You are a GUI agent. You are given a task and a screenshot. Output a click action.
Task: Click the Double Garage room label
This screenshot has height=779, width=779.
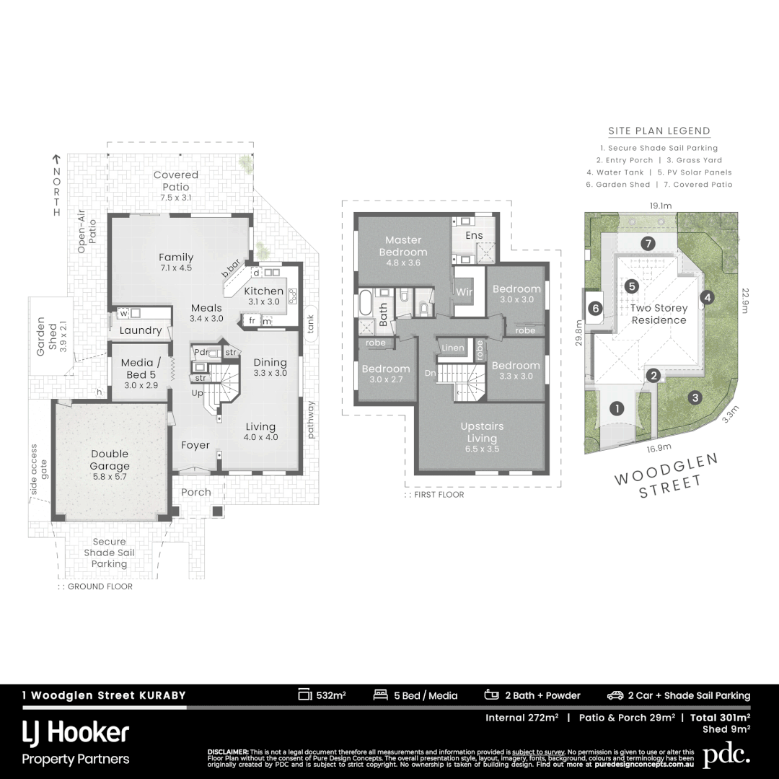110,459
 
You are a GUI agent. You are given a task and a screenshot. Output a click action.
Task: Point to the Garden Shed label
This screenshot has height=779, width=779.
45,337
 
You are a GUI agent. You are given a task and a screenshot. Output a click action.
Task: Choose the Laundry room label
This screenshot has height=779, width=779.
140,330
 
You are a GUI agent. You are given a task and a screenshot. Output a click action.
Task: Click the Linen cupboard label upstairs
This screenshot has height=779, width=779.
452,348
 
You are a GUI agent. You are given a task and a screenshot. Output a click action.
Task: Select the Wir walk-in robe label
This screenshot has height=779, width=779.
464,292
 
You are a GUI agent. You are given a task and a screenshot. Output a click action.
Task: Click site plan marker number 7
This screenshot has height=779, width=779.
648,243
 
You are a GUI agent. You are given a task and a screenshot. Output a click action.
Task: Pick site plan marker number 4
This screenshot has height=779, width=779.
708,297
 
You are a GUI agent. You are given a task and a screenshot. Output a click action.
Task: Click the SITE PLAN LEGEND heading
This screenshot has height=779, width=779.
659,131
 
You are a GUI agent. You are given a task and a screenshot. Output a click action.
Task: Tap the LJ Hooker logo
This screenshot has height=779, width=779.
76,734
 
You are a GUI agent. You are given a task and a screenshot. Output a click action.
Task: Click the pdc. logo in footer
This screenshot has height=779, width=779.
726,754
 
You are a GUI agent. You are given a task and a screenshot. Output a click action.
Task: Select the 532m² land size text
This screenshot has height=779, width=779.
322,695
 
